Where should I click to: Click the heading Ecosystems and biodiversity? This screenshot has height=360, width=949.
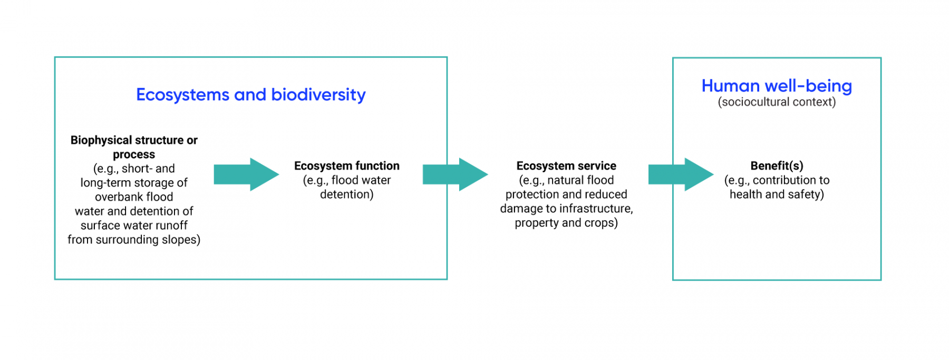250,95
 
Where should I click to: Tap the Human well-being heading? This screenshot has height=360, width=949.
777,86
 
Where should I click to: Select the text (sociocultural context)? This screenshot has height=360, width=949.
777,102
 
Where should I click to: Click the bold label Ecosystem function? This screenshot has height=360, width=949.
347,166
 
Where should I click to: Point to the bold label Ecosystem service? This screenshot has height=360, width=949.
566,166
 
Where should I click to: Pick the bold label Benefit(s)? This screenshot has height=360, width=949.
777,166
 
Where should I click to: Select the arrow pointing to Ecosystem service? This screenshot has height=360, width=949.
455,174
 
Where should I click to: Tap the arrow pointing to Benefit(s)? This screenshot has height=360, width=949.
681,174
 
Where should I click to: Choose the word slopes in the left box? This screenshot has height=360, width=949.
181,240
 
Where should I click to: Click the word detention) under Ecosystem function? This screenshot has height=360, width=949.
347,194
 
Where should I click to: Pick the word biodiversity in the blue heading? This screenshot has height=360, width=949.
318,95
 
